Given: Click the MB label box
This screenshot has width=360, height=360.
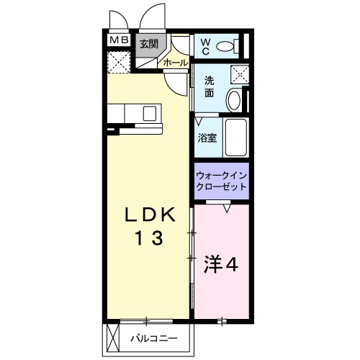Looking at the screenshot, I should (118, 41).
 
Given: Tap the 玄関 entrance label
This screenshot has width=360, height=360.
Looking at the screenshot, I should (148, 44).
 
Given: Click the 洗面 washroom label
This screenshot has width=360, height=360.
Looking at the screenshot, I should (209, 87).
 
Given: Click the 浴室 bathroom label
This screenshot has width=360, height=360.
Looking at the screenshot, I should (207, 138).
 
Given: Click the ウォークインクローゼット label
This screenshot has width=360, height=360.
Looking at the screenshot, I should (221, 180).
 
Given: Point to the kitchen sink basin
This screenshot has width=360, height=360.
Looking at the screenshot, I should (150, 113).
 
